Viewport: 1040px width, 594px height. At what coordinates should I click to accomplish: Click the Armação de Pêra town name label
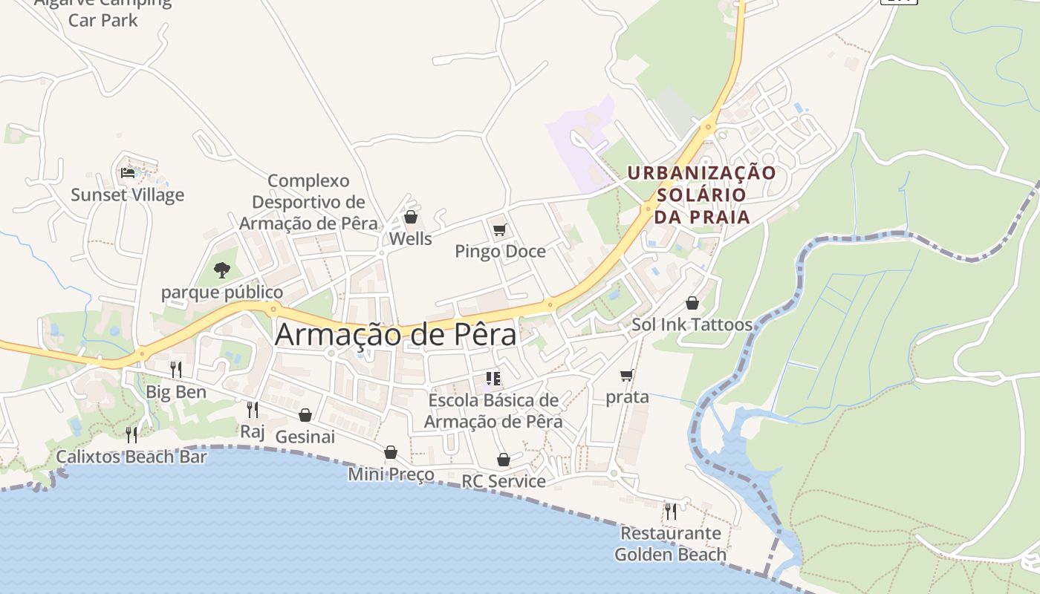click(395, 335)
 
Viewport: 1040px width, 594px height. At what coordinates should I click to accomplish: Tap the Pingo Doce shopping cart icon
click(499, 230)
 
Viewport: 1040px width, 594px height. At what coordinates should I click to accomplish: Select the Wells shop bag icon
click(410, 217)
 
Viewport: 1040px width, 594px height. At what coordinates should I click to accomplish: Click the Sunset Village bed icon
click(128, 173)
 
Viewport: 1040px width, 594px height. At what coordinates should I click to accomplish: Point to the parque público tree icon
click(221, 270)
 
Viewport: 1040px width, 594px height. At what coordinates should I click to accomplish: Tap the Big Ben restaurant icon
click(176, 369)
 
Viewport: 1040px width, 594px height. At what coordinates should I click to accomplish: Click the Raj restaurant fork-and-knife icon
click(253, 409)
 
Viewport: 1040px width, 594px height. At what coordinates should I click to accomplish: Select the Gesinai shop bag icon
click(305, 414)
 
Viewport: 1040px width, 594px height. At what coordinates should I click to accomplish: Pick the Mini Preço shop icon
click(391, 452)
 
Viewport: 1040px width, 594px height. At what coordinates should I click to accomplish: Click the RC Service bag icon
click(504, 460)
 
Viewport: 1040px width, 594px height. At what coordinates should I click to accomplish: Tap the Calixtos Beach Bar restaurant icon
click(131, 434)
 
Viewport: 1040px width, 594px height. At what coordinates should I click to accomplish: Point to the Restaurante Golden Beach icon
click(670, 511)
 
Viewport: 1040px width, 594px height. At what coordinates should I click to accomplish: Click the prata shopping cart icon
click(627, 375)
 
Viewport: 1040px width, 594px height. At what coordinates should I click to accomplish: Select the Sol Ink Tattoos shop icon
click(692, 303)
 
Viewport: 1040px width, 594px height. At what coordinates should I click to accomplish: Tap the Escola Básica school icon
click(493, 379)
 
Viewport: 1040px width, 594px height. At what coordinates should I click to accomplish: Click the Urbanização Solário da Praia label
click(701, 195)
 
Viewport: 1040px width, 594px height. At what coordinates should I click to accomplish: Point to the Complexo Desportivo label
click(308, 202)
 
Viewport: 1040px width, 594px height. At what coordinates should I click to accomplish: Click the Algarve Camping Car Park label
click(103, 11)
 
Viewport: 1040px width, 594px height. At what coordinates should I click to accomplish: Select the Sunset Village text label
click(128, 195)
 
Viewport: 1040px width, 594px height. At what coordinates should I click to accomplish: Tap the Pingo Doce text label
click(500, 252)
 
